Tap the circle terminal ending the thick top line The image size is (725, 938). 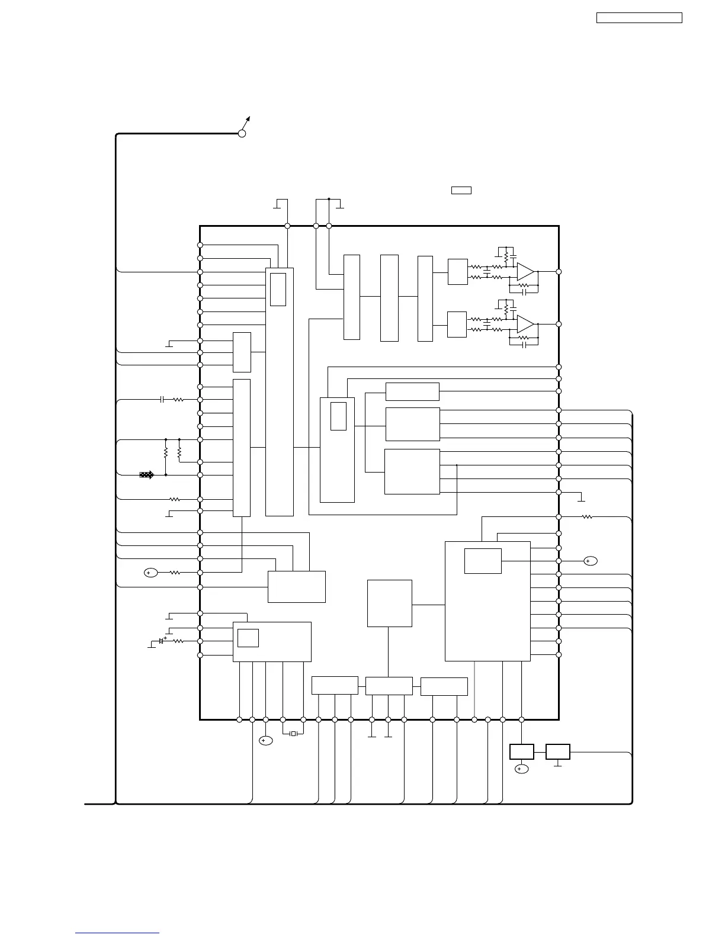point(242,134)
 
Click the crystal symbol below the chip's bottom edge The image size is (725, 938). point(293,734)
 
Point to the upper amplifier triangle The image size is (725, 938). point(525,272)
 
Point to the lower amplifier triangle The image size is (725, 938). point(525,324)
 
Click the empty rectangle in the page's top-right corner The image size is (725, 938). point(639,18)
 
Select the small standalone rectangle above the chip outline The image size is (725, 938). point(461,190)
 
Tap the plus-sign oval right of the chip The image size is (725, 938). point(590,561)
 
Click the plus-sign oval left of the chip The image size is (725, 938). point(151,573)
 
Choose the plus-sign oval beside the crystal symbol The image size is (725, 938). point(266,741)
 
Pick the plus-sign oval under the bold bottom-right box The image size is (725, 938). point(521,769)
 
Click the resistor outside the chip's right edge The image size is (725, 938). point(587,517)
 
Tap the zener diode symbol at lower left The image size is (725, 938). point(161,641)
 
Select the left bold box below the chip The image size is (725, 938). point(521,751)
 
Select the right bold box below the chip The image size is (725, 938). point(557,751)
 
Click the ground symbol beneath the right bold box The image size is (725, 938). point(557,765)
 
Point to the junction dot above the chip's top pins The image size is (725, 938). point(329,200)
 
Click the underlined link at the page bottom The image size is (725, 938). point(117,933)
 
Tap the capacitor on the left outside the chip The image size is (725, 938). point(162,400)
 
